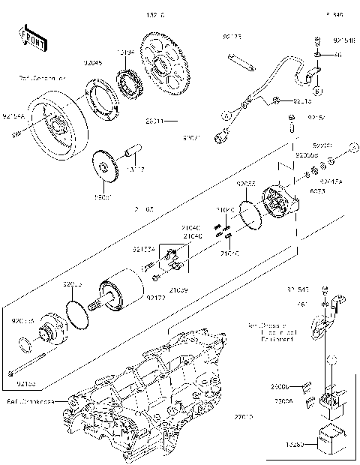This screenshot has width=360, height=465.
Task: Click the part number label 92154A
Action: tap(13, 116)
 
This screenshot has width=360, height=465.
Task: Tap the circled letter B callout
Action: tap(317, 91)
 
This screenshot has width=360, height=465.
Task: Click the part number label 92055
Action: tap(246, 183)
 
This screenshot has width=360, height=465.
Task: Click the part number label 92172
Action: tap(155, 298)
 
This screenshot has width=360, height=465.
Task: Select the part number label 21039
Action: tap(178, 289)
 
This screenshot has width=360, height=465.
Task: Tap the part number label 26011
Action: tap(154, 120)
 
